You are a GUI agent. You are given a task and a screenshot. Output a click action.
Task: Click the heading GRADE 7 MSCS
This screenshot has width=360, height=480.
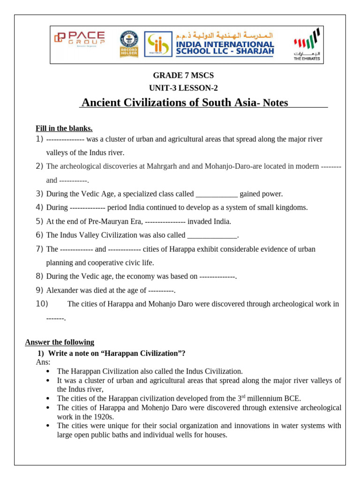coord(183,75)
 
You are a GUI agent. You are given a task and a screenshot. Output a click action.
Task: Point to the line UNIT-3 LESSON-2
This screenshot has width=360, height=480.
coord(183,88)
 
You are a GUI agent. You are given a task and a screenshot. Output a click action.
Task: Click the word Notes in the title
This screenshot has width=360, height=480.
coord(276,103)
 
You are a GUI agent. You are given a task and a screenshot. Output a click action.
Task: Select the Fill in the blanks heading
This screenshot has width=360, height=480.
coord(64,128)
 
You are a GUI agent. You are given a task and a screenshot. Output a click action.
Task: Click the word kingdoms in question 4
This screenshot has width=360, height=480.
coord(292,208)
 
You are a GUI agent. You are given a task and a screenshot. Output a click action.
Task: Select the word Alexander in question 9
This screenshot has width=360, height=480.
coord(61,290)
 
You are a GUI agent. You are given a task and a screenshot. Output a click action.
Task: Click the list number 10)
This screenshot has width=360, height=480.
coord(42,304)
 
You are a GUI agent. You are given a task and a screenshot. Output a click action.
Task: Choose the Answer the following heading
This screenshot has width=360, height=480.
coord(60,342)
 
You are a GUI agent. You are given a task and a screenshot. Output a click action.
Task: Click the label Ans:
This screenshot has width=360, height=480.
coord(43,362)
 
